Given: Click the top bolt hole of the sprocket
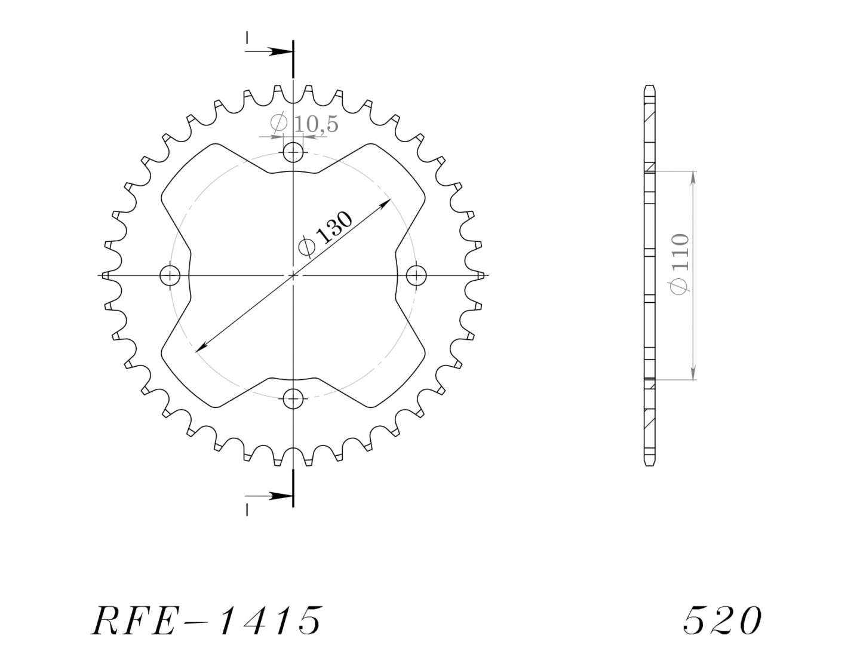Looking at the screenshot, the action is tap(293, 152).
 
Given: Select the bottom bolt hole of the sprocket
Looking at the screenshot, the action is tap(293, 398).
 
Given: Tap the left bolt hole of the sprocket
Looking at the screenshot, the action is tap(170, 276).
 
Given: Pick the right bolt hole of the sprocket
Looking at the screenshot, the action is tap(416, 276).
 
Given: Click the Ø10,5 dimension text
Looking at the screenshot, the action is tap(304, 123).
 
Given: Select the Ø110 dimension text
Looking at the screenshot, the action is tap(680, 264).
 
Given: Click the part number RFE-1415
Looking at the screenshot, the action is tap(207, 621).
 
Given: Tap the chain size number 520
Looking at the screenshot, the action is tap(721, 621).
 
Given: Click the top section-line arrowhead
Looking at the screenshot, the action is tap(281, 51).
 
